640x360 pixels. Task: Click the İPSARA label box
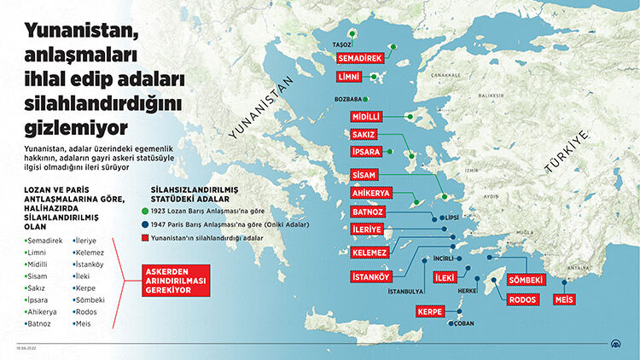(x=366, y=153)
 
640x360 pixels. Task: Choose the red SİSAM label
(x=365, y=175)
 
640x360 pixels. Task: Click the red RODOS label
(x=522, y=299)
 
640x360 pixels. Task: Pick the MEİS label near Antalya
(x=562, y=299)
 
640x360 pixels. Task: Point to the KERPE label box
(x=430, y=312)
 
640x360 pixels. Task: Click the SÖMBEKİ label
(x=526, y=280)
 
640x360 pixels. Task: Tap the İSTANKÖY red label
(x=371, y=276)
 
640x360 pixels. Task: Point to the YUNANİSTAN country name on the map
(x=262, y=106)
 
